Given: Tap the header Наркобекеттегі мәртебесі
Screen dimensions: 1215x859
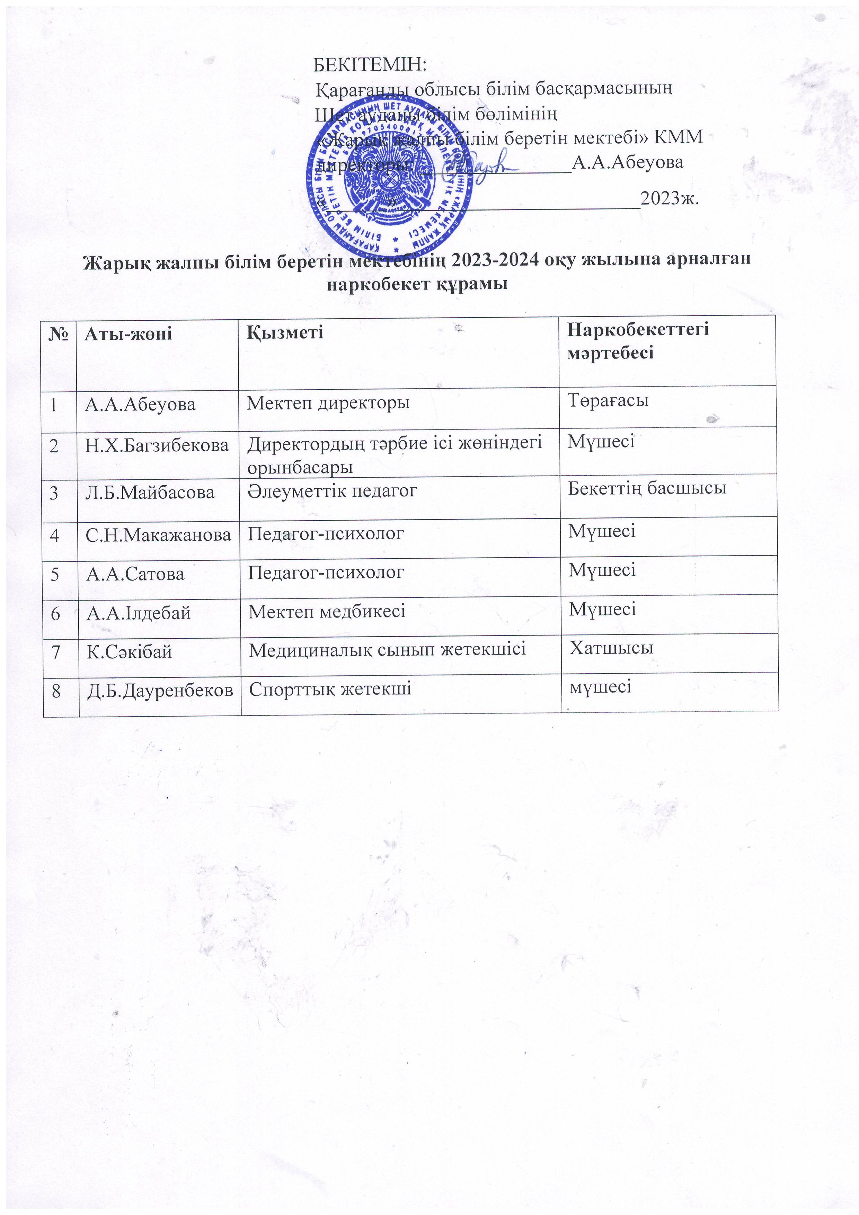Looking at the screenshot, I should (x=637, y=341).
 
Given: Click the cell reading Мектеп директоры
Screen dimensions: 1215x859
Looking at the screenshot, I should (x=328, y=403).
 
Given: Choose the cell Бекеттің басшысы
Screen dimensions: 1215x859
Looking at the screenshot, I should (x=647, y=488).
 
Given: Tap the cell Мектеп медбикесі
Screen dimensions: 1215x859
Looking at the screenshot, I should (x=327, y=612).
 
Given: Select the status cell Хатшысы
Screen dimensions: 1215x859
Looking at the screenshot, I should (x=611, y=648).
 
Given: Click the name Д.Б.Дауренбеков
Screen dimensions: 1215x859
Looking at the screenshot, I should (x=160, y=690).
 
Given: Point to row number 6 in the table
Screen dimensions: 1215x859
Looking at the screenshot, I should (x=55, y=614).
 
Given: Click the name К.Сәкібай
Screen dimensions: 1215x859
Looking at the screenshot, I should (x=129, y=651).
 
